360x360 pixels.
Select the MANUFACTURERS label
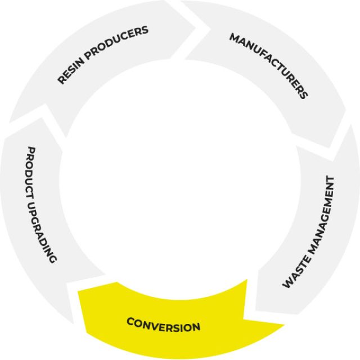click(269, 65)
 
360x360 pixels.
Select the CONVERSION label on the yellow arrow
click(163, 325)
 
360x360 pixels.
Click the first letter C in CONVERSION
click(130, 321)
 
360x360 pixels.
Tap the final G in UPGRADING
click(52, 259)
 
